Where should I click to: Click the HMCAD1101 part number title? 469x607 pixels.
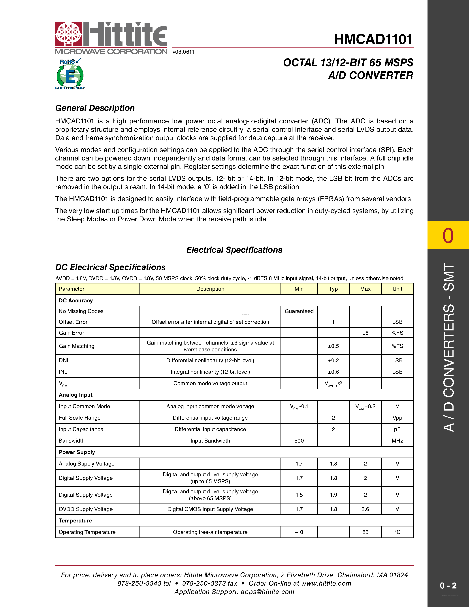click(x=373, y=39)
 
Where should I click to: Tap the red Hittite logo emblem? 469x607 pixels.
click(x=69, y=34)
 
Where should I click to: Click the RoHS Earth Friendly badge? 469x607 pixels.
click(x=70, y=74)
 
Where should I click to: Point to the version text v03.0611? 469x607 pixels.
click(x=183, y=52)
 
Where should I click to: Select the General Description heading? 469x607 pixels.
click(x=95, y=108)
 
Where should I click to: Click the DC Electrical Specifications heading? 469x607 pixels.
click(x=110, y=267)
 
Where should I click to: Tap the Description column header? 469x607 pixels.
click(x=210, y=289)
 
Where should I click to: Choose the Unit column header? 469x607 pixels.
click(x=397, y=289)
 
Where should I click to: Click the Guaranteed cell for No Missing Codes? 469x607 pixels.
click(x=299, y=311)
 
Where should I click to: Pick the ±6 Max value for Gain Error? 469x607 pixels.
click(x=365, y=333)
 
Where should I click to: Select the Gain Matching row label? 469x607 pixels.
click(x=76, y=346)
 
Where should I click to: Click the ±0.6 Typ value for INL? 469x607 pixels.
click(x=333, y=372)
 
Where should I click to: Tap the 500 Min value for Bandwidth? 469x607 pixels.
click(x=299, y=441)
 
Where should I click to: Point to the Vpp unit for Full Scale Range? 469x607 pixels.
click(x=397, y=418)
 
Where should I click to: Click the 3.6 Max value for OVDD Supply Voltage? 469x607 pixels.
click(x=365, y=509)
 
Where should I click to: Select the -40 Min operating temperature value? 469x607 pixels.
click(x=299, y=532)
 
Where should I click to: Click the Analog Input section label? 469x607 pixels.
click(x=75, y=395)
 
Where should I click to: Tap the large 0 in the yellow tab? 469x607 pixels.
click(x=448, y=236)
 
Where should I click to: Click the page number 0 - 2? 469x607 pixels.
click(x=448, y=586)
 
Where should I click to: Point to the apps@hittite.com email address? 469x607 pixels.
click(x=267, y=592)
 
